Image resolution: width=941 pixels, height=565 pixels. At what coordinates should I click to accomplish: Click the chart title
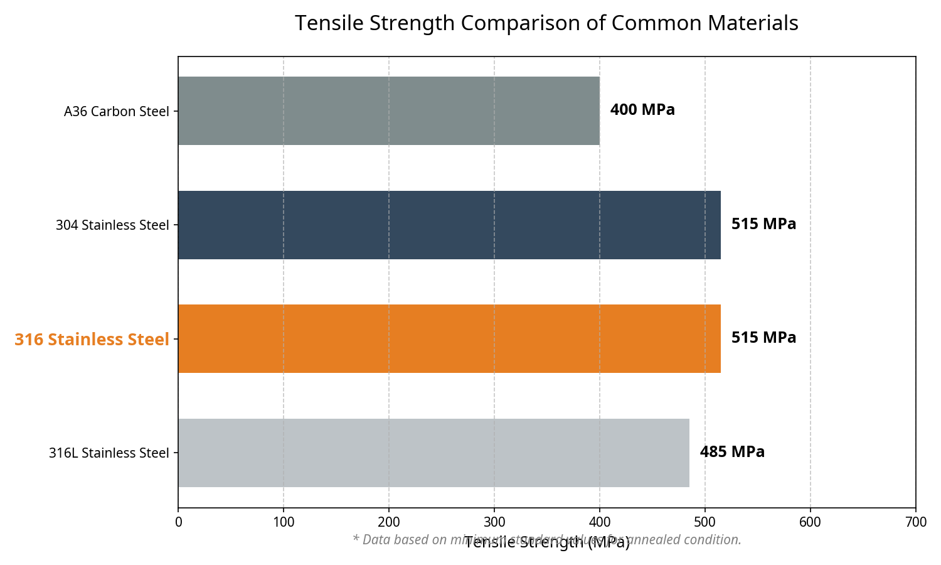[x=546, y=23]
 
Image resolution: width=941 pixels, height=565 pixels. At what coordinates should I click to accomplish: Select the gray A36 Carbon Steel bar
[x=388, y=111]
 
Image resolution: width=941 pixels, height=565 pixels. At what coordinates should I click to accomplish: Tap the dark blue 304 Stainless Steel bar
[x=449, y=225]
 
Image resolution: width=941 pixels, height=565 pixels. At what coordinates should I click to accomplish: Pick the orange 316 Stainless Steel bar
[x=449, y=339]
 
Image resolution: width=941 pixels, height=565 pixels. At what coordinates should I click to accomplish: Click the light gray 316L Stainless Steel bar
[x=433, y=453]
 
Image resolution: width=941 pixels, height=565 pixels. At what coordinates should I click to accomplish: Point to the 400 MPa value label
[x=642, y=110]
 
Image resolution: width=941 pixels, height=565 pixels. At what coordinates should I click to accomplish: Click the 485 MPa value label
[x=732, y=452]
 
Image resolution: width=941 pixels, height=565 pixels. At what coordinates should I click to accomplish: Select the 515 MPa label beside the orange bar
[x=763, y=338]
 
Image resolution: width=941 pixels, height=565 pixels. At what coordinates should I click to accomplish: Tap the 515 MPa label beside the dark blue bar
[x=763, y=224]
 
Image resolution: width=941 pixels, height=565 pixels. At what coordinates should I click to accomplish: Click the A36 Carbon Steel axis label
[x=117, y=112]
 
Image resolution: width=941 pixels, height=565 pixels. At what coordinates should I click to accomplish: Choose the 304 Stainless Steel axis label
[x=112, y=225]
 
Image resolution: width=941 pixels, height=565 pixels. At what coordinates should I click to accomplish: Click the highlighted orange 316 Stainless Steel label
[x=92, y=340]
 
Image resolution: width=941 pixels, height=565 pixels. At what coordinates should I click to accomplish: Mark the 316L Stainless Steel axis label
[x=109, y=453]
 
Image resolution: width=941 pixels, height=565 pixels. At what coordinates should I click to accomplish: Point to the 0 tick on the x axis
[x=178, y=522]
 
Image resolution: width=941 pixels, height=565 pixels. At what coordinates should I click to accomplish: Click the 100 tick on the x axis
[x=284, y=522]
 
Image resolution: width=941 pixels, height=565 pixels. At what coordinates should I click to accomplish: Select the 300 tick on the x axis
[x=494, y=522]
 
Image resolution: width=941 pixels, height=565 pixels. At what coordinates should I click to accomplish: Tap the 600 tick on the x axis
[x=811, y=522]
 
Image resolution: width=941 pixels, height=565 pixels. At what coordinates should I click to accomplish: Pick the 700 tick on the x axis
[x=916, y=522]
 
